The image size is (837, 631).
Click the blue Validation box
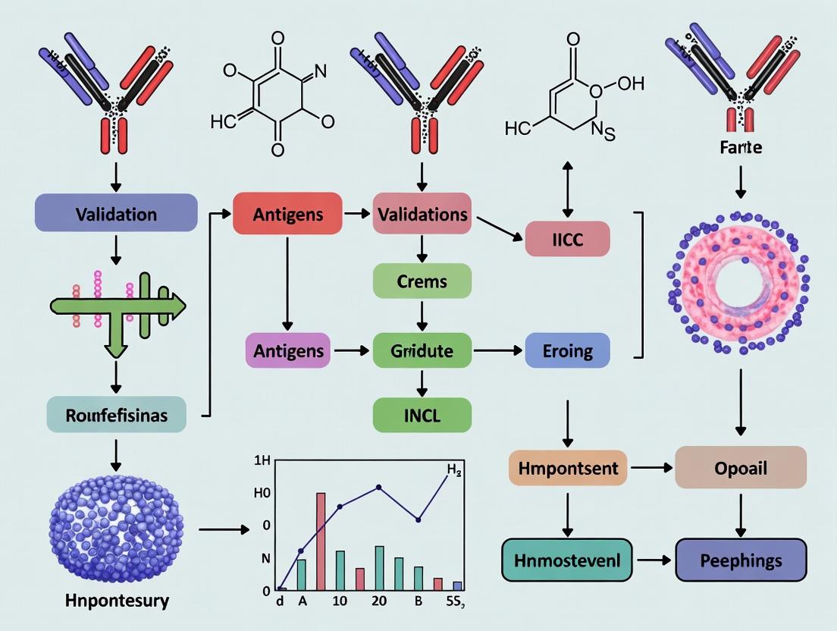click(116, 213)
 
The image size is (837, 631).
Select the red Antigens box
click(287, 214)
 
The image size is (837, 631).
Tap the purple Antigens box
click(287, 351)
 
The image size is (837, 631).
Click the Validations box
click(422, 214)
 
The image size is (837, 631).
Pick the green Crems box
click(422, 281)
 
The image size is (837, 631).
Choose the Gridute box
click(422, 351)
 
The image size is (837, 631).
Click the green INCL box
click(422, 415)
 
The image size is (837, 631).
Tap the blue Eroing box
click(567, 351)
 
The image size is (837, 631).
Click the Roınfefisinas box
click(116, 415)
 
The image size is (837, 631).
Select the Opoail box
click(740, 467)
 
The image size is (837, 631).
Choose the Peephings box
click(740, 560)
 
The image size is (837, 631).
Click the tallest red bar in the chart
click(321, 540)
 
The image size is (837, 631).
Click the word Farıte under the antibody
click(741, 149)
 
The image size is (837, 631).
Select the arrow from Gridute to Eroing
click(497, 351)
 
